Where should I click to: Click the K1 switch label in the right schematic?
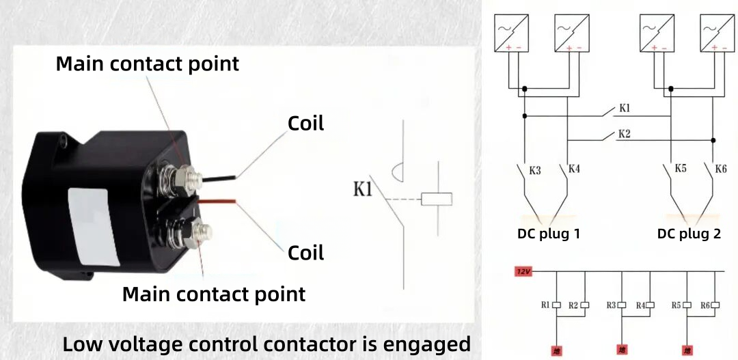coord(625,108)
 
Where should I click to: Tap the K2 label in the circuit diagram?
coord(623,133)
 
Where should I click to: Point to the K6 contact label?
coord(721,168)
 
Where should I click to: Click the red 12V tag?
coord(523,271)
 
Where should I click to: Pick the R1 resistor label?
coord(545,305)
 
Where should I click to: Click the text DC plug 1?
coord(549,234)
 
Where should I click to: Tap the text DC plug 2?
coord(689,234)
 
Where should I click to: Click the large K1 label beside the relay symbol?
coord(363,189)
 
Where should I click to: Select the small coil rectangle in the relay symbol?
coord(437,199)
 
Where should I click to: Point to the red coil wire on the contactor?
coord(219,202)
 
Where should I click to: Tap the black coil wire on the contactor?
coord(219,177)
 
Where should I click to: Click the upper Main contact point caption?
coord(147,64)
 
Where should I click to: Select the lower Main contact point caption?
coord(213,294)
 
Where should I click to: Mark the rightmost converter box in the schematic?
coord(716,32)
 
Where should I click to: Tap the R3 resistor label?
coord(611,305)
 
